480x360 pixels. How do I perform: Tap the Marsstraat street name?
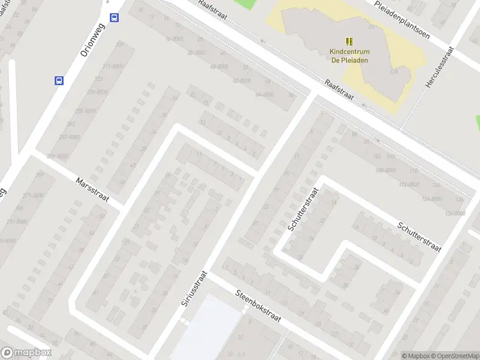coord(92,190)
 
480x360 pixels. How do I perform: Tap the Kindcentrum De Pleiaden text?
coord(350,55)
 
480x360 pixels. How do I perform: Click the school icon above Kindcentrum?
coord(350,41)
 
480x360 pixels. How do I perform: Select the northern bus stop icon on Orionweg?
coord(115,17)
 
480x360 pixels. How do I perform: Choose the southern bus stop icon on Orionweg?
coord(59,80)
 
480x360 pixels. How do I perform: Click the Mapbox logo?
coord(26,353)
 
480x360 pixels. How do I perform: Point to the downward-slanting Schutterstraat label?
coord(419,235)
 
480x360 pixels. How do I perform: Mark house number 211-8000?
coord(113,66)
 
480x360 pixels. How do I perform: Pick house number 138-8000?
coord(455,213)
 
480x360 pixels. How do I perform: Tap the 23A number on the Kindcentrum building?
coord(394,71)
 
